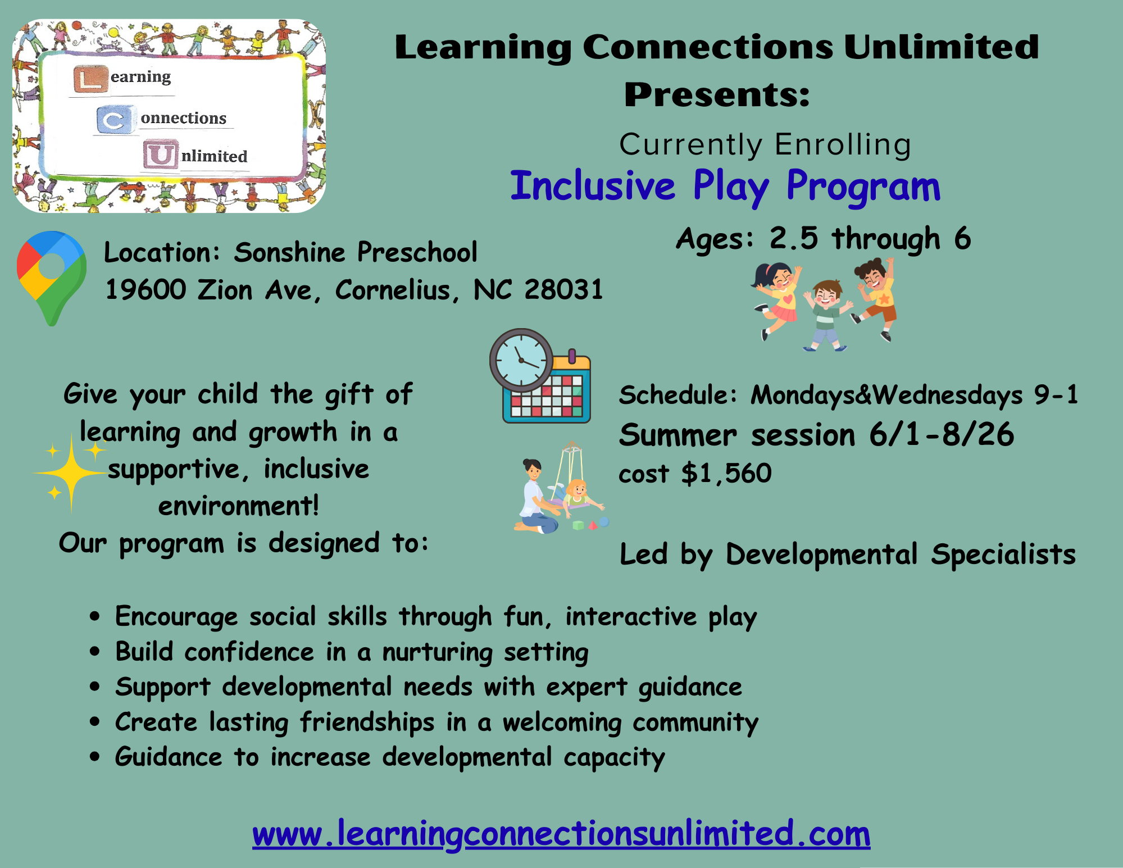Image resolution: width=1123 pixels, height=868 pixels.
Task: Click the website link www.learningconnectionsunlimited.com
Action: tap(561, 833)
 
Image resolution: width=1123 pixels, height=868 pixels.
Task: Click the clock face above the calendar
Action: tap(521, 360)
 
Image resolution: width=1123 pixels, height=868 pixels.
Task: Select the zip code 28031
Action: tap(563, 289)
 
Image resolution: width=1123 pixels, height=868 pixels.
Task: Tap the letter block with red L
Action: tap(90, 79)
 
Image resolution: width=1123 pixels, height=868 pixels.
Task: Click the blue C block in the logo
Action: tap(115, 120)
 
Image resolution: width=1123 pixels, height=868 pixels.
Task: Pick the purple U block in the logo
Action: tap(160, 155)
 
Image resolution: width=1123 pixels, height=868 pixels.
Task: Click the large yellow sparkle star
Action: tap(71, 474)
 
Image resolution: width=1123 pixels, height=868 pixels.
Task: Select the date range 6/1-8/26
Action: tap(942, 434)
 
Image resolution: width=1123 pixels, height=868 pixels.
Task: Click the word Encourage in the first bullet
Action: tap(176, 617)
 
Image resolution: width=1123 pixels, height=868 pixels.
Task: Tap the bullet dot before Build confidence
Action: tap(95, 652)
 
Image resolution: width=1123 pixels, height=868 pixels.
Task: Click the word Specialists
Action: tap(1003, 555)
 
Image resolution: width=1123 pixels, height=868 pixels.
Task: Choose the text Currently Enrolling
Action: tap(765, 145)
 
